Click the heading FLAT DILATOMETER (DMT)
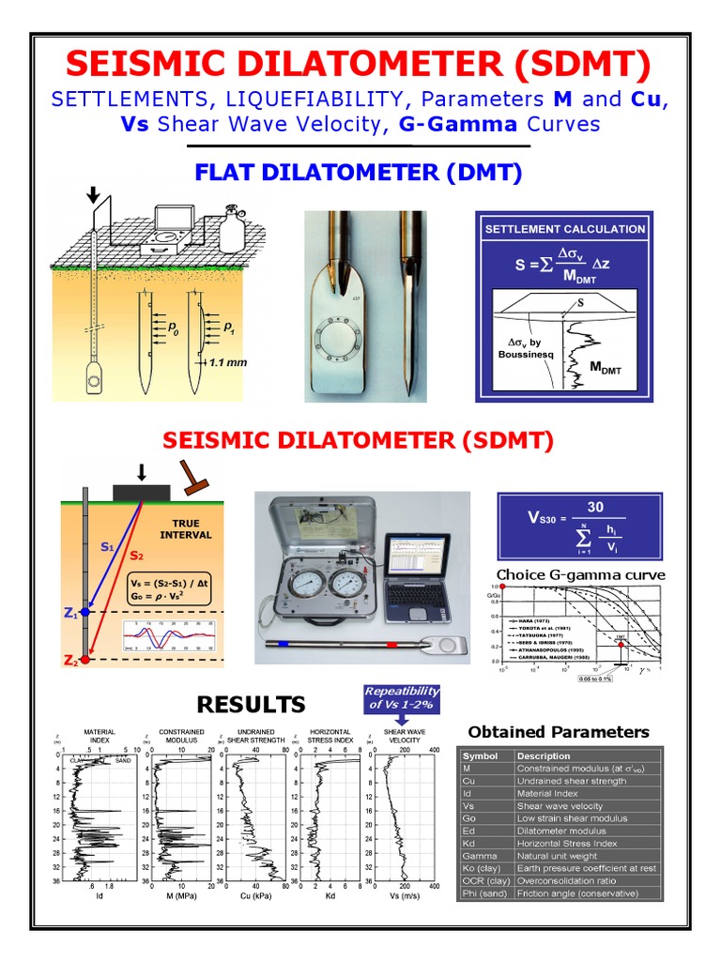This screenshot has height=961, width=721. pyautogui.click(x=359, y=174)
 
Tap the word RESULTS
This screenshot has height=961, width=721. pyautogui.click(x=251, y=705)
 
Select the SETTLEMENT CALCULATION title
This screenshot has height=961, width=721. pyautogui.click(x=564, y=228)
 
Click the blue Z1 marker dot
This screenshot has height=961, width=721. pyautogui.click(x=85, y=612)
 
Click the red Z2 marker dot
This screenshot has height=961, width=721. pyautogui.click(x=85, y=661)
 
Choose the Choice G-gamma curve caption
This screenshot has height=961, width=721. pyautogui.click(x=580, y=574)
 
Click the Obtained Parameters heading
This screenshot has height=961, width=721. pyautogui.click(x=558, y=732)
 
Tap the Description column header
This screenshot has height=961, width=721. pyautogui.click(x=544, y=755)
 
